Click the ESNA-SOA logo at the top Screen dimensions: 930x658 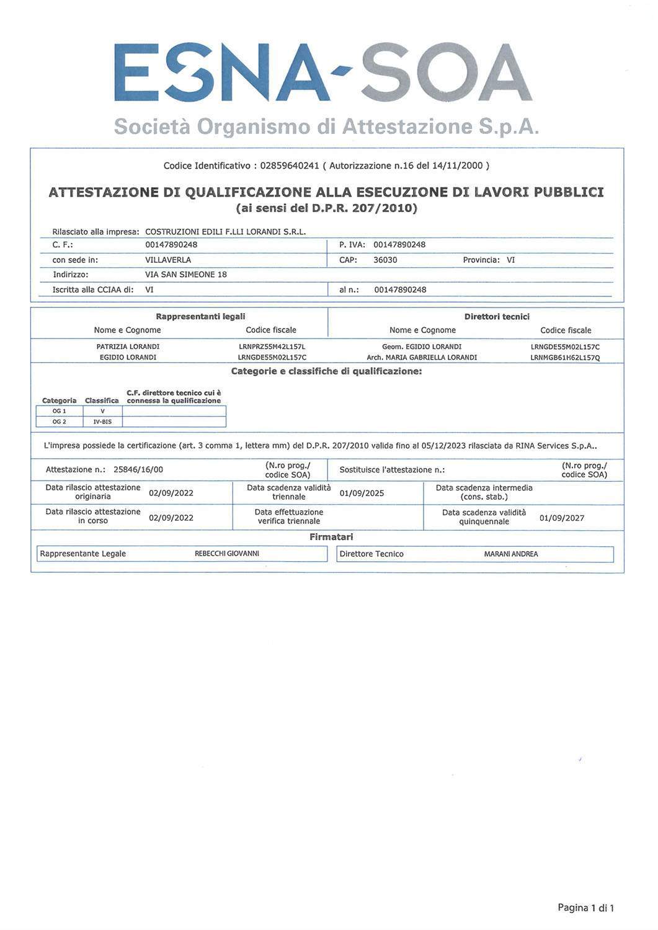[323, 73]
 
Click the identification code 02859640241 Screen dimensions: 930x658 [290, 166]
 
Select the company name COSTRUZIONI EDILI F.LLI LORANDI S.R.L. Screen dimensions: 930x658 [226, 232]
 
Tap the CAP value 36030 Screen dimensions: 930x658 [385, 260]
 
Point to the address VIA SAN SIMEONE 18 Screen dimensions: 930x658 [186, 274]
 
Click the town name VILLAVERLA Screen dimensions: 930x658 [168, 260]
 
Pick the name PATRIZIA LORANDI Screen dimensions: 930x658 [128, 347]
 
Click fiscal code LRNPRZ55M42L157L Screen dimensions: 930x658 [272, 347]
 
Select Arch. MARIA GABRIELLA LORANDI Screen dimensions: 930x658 [422, 357]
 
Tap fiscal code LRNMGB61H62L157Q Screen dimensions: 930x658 [565, 358]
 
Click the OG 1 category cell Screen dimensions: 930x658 [60, 411]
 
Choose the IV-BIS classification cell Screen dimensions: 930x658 [102, 422]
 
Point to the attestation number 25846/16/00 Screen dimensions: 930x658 [138, 470]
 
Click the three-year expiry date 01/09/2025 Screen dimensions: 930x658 [362, 494]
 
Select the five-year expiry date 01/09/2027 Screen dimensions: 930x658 [562, 518]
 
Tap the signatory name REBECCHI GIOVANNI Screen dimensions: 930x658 [227, 554]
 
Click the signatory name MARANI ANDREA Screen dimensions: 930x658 [511, 554]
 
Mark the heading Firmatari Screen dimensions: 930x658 [331, 537]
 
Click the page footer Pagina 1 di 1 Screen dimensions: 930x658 [585, 908]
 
